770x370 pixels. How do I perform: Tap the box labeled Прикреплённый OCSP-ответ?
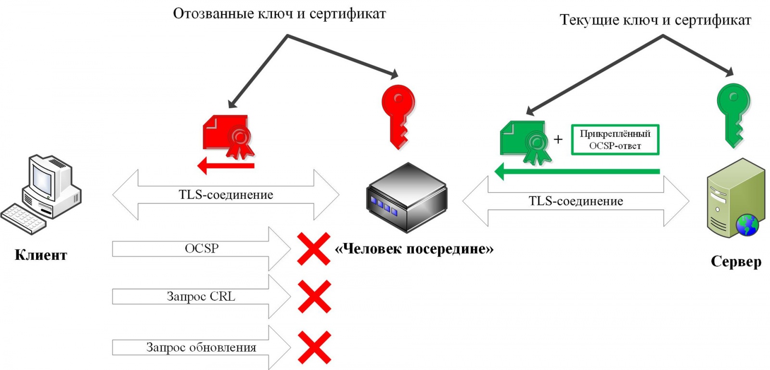[615, 140]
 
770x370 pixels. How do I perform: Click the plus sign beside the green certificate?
[558, 139]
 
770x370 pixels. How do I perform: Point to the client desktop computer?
[41, 194]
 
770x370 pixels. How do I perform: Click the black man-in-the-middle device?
[407, 198]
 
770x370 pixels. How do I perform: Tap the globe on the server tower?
[747, 225]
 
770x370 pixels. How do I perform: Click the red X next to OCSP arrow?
[314, 249]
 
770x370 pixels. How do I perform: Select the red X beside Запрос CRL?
[314, 296]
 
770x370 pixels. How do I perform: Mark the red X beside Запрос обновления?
[314, 347]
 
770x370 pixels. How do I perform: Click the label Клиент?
[40, 255]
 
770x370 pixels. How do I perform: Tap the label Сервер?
[736, 261]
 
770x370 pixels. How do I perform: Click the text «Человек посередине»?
[414, 249]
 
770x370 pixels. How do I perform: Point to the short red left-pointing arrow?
[226, 166]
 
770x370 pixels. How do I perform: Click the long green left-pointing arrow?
[577, 171]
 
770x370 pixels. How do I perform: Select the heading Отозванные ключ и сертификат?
[279, 14]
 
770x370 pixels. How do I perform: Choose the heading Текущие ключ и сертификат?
[655, 20]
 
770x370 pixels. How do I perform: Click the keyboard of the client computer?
[24, 219]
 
